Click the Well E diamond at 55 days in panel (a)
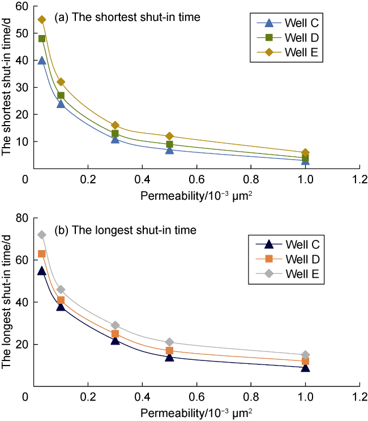pyautogui.click(x=42, y=20)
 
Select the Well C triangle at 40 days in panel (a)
pyautogui.click(x=42, y=60)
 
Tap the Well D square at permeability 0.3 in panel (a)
pyautogui.click(x=115, y=134)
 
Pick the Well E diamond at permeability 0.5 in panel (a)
pyautogui.click(x=169, y=136)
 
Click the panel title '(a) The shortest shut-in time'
pyautogui.click(x=127, y=18)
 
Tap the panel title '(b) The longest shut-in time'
pyautogui.click(x=125, y=230)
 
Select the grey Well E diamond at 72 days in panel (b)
pyautogui.click(x=42, y=235)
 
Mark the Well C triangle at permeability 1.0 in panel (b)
pyautogui.click(x=306, y=367)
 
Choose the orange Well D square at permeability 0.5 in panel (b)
pyautogui.click(x=169, y=351)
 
